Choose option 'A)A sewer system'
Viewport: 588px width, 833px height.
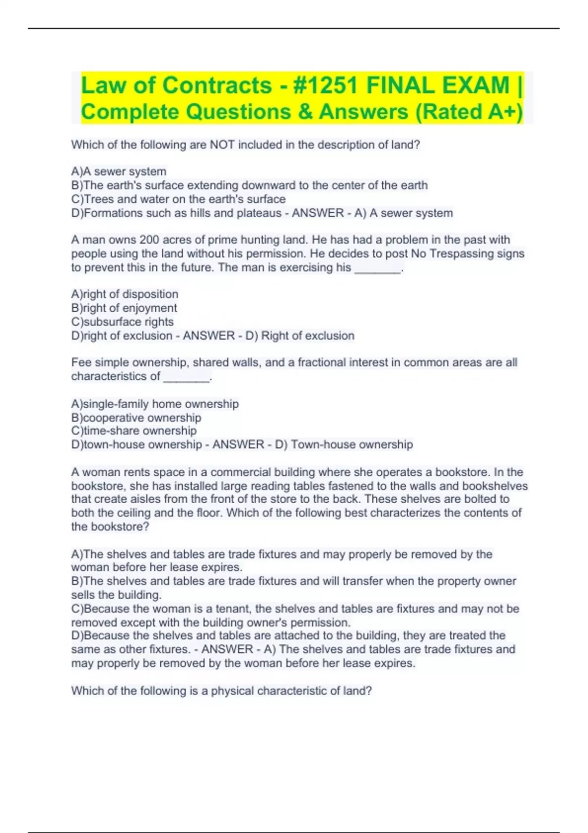(x=119, y=171)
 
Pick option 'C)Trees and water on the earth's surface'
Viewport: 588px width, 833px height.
(x=178, y=199)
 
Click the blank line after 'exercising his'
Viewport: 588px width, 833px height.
(x=377, y=269)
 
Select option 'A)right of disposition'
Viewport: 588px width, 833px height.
(x=124, y=294)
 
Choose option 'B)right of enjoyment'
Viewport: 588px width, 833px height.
(x=124, y=308)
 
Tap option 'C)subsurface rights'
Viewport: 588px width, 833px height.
(x=122, y=322)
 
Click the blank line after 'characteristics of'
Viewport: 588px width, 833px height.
(x=186, y=377)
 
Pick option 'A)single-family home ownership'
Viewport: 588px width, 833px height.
(x=155, y=404)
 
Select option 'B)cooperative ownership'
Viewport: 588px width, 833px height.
(x=136, y=418)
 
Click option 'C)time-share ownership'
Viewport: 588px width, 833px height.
(x=134, y=431)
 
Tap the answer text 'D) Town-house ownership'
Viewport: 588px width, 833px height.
(x=352, y=444)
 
